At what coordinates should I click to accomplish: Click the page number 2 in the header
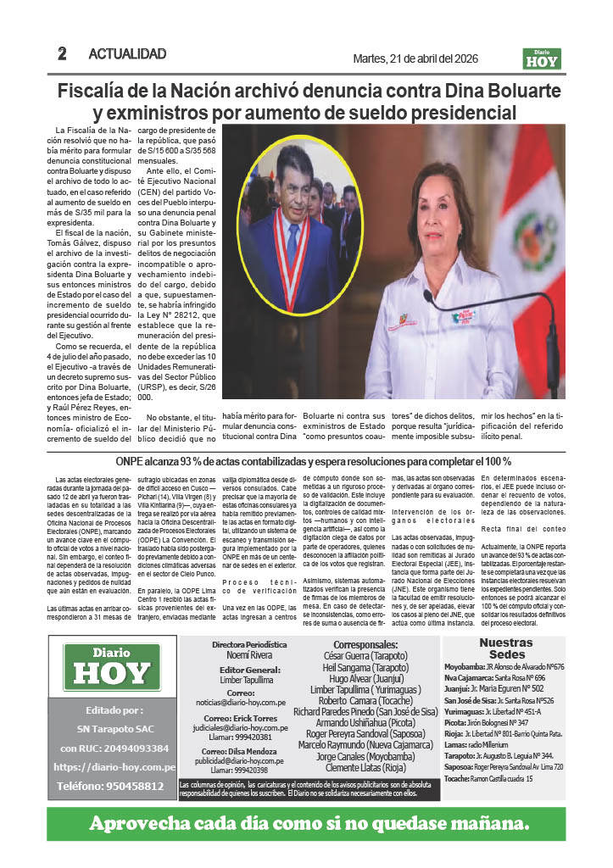pyautogui.click(x=62, y=53)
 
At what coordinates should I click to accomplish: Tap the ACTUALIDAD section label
pyautogui.click(x=127, y=54)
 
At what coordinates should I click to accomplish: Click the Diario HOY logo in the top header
pyautogui.click(x=542, y=58)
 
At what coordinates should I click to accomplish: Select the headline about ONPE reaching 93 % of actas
pyautogui.click(x=313, y=461)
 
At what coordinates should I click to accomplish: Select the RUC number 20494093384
pyautogui.click(x=112, y=748)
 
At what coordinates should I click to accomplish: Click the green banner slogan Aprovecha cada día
pyautogui.click(x=309, y=824)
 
